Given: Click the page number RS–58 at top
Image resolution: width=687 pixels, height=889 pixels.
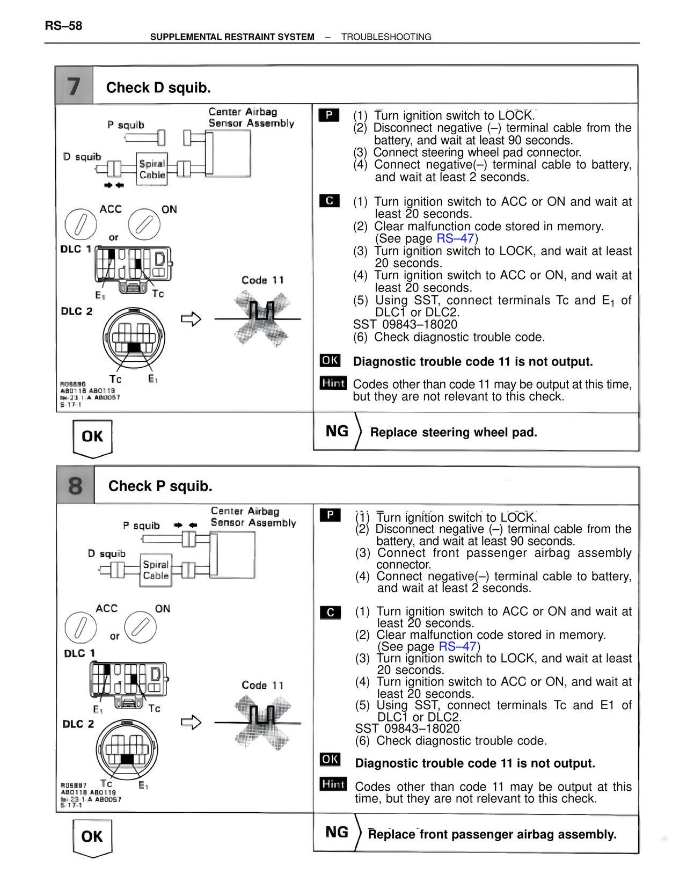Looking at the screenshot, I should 63,26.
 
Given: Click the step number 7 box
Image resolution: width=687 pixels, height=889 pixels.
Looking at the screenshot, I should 74,86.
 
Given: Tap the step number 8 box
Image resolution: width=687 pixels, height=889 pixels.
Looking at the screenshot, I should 76,486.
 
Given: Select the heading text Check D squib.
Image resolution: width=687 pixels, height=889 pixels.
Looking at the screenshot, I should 158,88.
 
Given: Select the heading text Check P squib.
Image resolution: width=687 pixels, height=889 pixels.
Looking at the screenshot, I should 160,486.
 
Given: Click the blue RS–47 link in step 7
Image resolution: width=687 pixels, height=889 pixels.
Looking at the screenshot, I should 455,238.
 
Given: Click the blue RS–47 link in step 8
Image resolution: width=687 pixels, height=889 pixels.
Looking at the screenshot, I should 457,646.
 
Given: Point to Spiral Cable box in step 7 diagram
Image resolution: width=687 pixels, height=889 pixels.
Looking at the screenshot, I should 152,169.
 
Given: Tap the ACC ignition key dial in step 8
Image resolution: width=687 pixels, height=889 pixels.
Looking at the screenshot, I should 81,627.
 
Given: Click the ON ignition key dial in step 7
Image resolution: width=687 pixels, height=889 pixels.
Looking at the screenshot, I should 144,224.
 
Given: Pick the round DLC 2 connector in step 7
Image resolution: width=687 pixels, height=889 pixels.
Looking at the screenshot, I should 134,338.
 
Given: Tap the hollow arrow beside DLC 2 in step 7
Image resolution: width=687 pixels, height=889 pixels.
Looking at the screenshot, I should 191,319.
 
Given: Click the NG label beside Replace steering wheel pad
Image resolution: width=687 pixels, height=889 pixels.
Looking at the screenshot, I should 337,431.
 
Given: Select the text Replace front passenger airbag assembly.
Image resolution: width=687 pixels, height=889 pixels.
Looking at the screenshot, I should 492,834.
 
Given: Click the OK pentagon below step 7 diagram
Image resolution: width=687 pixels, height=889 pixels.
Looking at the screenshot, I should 92,437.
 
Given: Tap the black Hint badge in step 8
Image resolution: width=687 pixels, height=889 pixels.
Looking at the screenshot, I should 333,784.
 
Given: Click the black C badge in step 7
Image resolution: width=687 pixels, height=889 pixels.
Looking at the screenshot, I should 330,201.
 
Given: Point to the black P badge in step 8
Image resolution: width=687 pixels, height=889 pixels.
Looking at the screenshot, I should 330,515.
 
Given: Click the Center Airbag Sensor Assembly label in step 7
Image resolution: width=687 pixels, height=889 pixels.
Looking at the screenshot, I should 251,118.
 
